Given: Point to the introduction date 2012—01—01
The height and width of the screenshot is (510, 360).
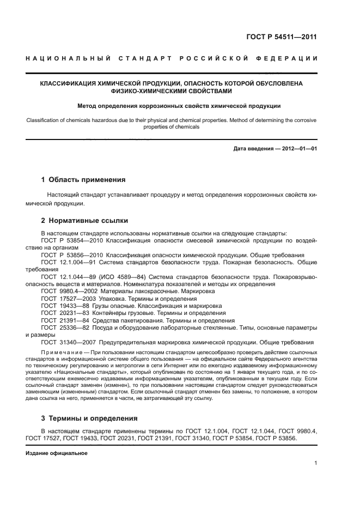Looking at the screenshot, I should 298,149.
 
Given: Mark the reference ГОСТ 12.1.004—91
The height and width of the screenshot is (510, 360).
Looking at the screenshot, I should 70,262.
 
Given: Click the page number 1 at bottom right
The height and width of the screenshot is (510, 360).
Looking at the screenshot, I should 316,464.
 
